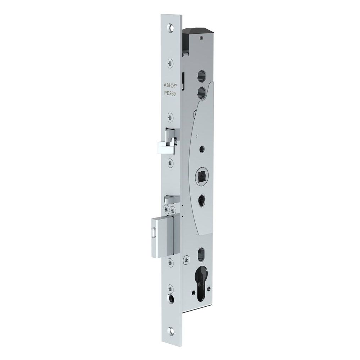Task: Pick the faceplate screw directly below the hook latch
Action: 172,163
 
